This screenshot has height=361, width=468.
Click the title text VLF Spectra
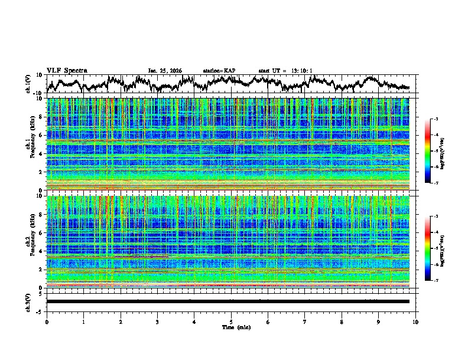[x=67, y=70]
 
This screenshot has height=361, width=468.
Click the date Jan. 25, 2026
[x=165, y=71]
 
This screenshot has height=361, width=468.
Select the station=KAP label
[x=219, y=71]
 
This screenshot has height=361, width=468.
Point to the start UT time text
[x=285, y=71]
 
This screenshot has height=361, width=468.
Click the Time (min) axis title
[x=231, y=327]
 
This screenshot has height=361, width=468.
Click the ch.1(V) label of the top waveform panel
[x=28, y=83]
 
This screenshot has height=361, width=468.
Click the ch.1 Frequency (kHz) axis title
[x=30, y=144]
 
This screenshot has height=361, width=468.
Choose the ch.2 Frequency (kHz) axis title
[x=30, y=241]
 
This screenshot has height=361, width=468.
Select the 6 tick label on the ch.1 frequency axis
[x=41, y=135]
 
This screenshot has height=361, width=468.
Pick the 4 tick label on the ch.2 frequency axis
[x=41, y=251]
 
